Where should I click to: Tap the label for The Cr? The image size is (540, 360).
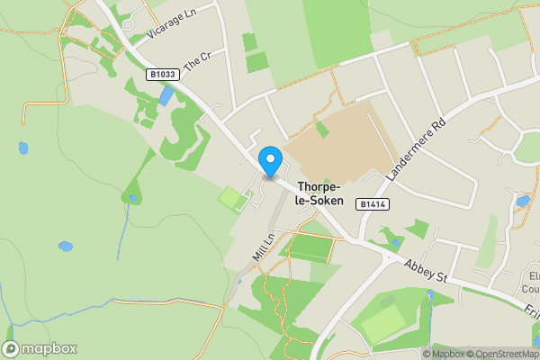coord(196,61)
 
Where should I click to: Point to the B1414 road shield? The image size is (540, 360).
coord(374,205)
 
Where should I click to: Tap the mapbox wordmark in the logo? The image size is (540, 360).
coord(49,349)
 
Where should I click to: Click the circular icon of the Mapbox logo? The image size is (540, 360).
coord(12,349)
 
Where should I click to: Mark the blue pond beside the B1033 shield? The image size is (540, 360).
coord(166,96)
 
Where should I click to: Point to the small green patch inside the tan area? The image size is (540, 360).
coord(322,129)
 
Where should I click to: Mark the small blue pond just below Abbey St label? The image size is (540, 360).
coord(429,294)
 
